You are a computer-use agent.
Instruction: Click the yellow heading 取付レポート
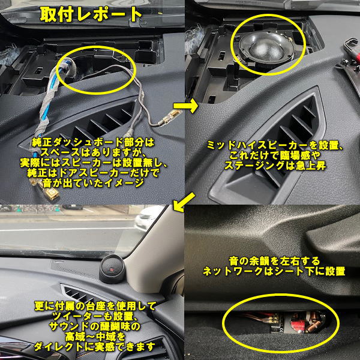(x=91, y=14)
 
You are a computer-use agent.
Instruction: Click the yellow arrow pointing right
(x=185, y=106)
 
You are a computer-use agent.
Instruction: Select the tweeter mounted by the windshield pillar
(x=112, y=268)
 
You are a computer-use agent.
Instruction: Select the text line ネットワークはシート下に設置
(x=274, y=271)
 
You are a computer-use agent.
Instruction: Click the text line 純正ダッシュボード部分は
(x=93, y=143)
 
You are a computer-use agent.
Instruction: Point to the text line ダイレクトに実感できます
(x=94, y=346)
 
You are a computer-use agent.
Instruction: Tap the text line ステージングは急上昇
(x=275, y=166)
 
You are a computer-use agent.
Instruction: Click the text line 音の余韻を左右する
(x=274, y=261)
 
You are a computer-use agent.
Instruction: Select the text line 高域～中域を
(x=95, y=337)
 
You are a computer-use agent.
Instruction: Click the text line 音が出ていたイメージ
(x=93, y=183)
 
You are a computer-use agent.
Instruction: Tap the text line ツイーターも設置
(x=95, y=316)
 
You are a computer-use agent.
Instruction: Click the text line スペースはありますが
(x=93, y=152)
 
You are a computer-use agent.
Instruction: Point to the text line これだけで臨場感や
(x=275, y=155)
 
